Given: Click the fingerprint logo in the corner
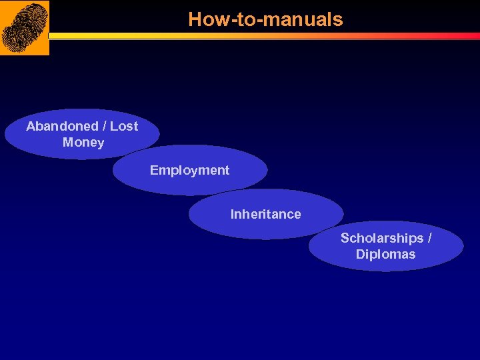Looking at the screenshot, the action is click(25, 27).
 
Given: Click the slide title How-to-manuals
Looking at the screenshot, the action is click(265, 19).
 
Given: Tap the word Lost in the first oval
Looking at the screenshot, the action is click(124, 126).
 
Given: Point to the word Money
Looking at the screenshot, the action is click(83, 142).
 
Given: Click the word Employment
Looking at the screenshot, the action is click(189, 170).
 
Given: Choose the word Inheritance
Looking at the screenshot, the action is click(265, 214).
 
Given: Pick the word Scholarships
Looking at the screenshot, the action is click(381, 238).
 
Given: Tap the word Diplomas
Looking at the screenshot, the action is click(385, 254).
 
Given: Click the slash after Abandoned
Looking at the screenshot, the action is click(103, 126).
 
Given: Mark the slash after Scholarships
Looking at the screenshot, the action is click(429, 238).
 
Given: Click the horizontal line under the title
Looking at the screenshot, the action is click(267, 36).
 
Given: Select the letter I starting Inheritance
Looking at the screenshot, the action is click(232, 214).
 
